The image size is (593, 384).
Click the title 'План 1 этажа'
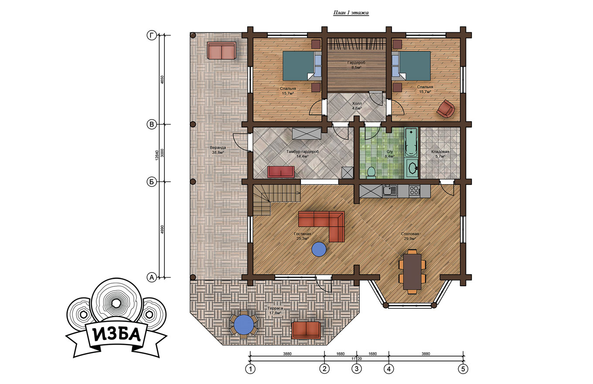351,13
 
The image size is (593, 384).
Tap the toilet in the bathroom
371,172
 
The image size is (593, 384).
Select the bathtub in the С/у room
411,143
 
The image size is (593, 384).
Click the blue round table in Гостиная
319,249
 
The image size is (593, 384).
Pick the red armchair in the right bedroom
446,108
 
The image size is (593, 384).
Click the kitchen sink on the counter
390,191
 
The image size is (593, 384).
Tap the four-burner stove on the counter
415,191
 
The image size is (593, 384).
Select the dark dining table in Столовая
412,271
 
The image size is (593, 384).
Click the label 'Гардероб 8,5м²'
356,65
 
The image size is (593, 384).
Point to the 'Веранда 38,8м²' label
218,150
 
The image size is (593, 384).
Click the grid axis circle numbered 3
357,369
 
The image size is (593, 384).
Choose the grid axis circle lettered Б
152,182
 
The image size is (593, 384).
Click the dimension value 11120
357,359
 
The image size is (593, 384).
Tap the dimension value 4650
162,80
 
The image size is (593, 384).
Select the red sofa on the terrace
306,330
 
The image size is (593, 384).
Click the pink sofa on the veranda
222,50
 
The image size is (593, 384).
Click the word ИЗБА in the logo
117,335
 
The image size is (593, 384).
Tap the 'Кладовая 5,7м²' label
440,154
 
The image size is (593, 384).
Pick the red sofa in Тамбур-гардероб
281,172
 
